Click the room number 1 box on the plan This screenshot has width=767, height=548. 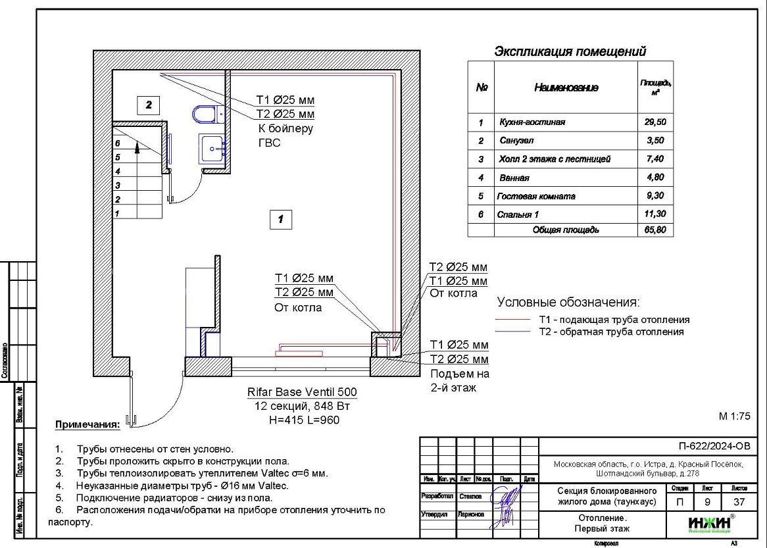[281, 219]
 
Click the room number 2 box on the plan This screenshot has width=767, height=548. [149, 104]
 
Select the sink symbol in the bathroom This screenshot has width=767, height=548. [212, 149]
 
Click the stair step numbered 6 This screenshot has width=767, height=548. [117, 143]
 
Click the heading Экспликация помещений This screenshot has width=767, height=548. [570, 51]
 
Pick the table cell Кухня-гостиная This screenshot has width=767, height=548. [532, 122]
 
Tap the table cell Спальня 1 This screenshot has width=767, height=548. [518, 214]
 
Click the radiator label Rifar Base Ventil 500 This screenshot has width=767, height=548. [302, 392]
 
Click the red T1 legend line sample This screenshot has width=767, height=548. [513, 320]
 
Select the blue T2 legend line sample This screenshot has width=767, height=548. [513, 332]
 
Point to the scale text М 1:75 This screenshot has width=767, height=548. [735, 416]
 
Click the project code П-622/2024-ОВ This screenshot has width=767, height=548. [714, 447]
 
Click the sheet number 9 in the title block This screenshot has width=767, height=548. [707, 503]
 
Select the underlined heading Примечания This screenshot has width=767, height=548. [87, 424]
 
